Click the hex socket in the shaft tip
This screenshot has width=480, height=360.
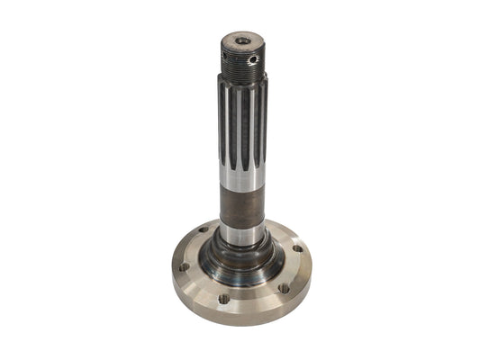242,40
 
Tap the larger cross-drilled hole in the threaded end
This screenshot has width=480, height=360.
253,59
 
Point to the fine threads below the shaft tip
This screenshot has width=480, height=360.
240,66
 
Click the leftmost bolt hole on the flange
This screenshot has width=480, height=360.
183,266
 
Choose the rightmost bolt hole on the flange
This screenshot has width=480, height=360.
297,249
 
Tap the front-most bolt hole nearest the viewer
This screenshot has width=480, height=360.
223,298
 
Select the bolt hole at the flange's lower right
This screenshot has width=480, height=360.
283,288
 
